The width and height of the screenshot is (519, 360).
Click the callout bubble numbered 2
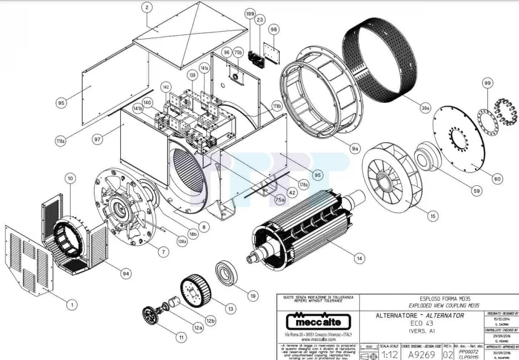coord(147,7)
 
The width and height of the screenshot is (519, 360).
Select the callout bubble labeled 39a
coord(425,108)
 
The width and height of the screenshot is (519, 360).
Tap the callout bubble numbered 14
coord(359,258)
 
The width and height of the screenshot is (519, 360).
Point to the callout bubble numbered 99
coord(487,83)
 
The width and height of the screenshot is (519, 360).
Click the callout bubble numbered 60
coord(497,179)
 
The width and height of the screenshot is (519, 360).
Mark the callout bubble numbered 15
coord(433,216)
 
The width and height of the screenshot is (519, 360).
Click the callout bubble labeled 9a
coord(355,148)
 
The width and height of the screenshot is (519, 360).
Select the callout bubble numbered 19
coord(253,296)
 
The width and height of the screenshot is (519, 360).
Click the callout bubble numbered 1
coord(70,305)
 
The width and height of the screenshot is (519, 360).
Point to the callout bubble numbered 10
coord(70,179)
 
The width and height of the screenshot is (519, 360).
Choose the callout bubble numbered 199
coord(250,14)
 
